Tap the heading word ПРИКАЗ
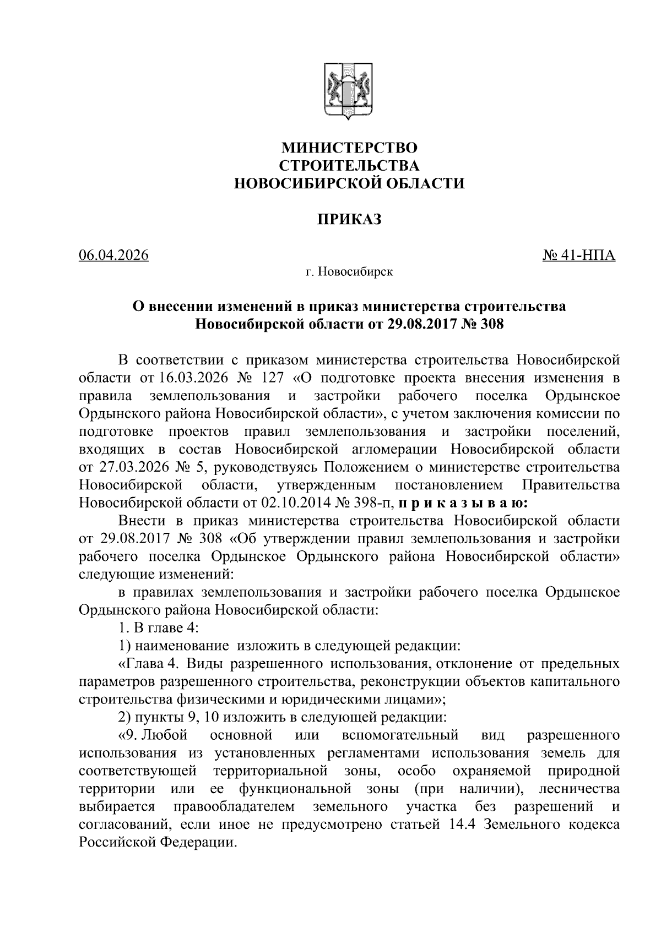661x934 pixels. click(x=349, y=220)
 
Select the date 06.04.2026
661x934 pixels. click(x=114, y=256)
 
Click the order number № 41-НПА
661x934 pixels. click(x=578, y=256)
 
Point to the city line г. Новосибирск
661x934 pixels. click(x=349, y=272)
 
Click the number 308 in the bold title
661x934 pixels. click(x=492, y=324)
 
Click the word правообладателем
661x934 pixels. click(x=234, y=807)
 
